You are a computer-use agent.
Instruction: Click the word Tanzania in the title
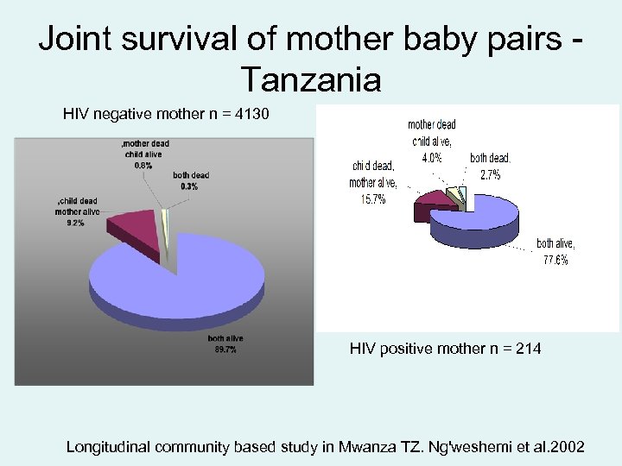point(311,79)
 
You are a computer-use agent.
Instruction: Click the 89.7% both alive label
point(225,349)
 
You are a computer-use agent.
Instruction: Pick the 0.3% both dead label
point(188,186)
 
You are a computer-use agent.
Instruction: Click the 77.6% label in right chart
point(555,261)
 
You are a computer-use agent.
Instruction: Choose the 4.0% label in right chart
point(431,158)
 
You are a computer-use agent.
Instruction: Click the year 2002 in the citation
point(567,447)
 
